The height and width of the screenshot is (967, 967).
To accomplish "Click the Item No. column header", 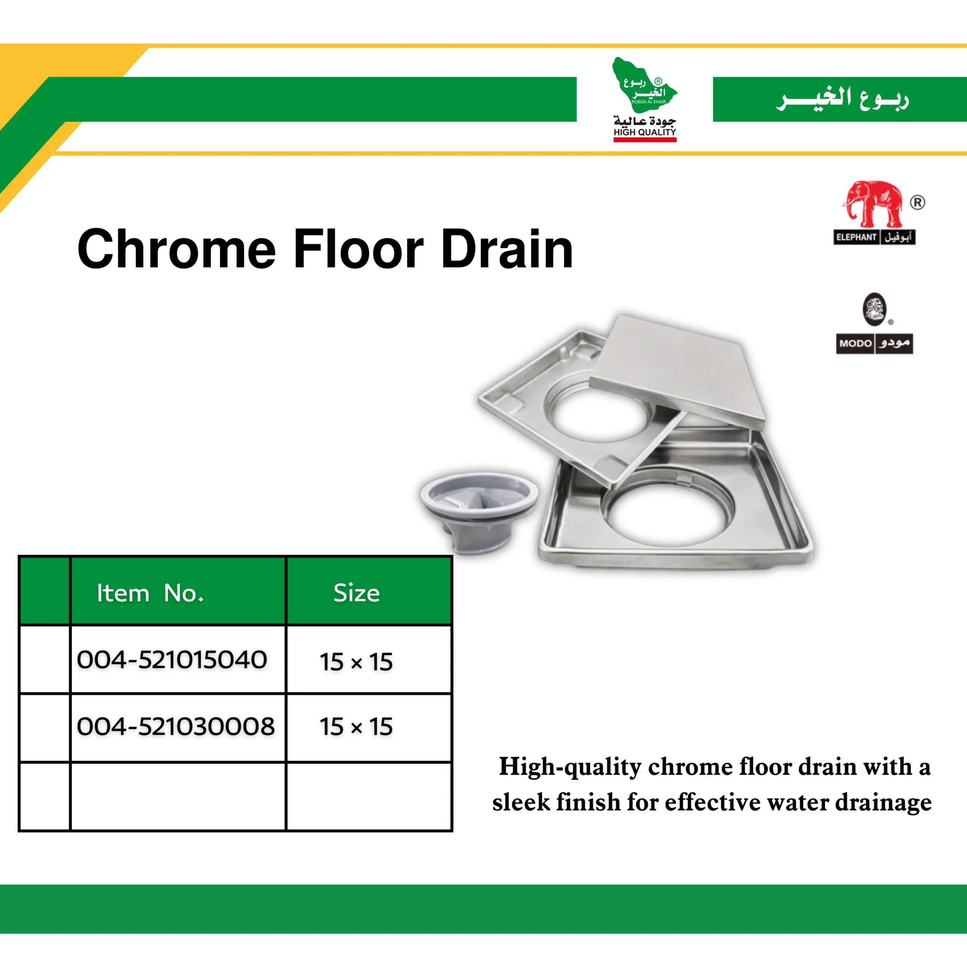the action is coord(150,593).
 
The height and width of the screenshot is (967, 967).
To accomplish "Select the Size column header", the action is coord(356,593).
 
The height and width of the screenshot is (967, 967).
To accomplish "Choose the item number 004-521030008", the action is coord(176,726).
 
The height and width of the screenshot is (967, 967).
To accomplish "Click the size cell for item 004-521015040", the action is coord(356,662).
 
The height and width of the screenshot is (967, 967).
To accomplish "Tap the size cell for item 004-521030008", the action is coord(356,727).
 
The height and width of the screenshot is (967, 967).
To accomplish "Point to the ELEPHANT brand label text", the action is coord(856,237).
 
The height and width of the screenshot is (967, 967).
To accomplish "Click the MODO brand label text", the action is coord(856,343).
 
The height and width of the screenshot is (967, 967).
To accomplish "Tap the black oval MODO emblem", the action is coord(874,309).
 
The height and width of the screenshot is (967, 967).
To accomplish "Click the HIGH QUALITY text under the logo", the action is coord(645,132).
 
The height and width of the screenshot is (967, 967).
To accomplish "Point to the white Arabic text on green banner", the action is coord(842,99).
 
